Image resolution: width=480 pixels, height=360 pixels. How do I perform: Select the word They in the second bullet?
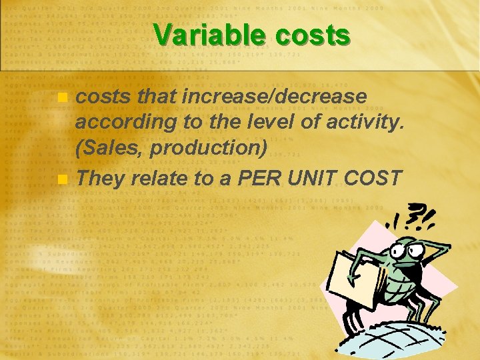tap(101, 178)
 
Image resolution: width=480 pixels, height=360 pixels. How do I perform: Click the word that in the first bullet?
tap(156, 97)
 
